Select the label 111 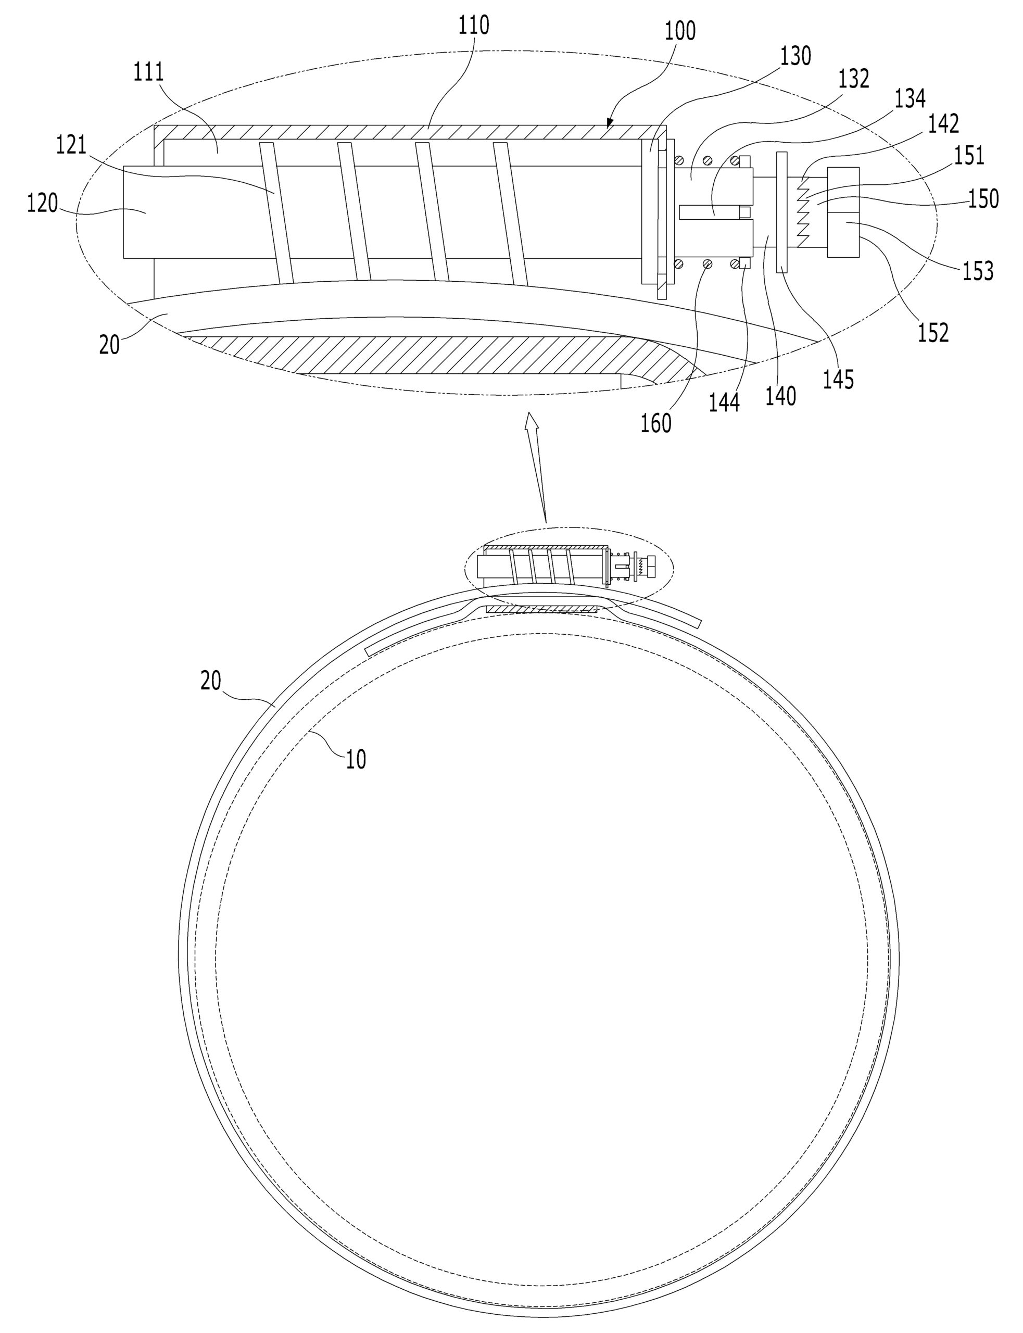click(149, 72)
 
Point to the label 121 click(72, 146)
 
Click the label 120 click(42, 204)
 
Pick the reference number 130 click(796, 56)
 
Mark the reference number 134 click(910, 98)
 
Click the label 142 click(943, 123)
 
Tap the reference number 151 click(969, 156)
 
